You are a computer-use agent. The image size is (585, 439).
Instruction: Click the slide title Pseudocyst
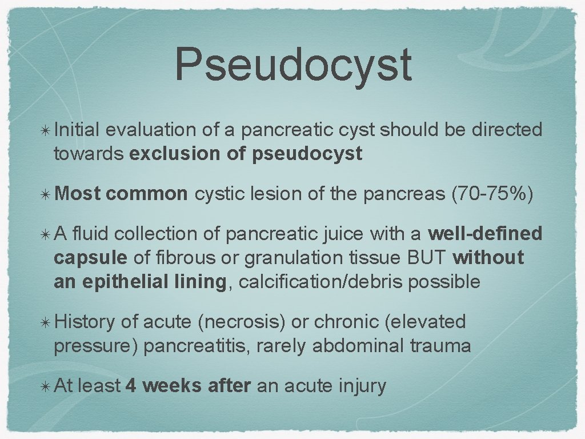(292, 65)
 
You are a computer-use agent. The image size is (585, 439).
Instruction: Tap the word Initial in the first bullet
(77, 130)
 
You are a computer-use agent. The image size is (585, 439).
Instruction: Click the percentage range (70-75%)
(492, 194)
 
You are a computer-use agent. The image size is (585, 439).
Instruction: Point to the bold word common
(147, 194)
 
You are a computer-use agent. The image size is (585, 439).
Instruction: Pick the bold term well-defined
(485, 234)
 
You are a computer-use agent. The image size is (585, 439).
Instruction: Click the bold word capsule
(90, 257)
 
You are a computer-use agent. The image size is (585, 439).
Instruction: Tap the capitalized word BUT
(427, 257)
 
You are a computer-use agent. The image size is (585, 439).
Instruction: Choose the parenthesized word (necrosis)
(241, 322)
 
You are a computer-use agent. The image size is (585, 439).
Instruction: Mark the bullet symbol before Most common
(45, 195)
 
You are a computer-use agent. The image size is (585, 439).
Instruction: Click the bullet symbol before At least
(45, 386)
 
